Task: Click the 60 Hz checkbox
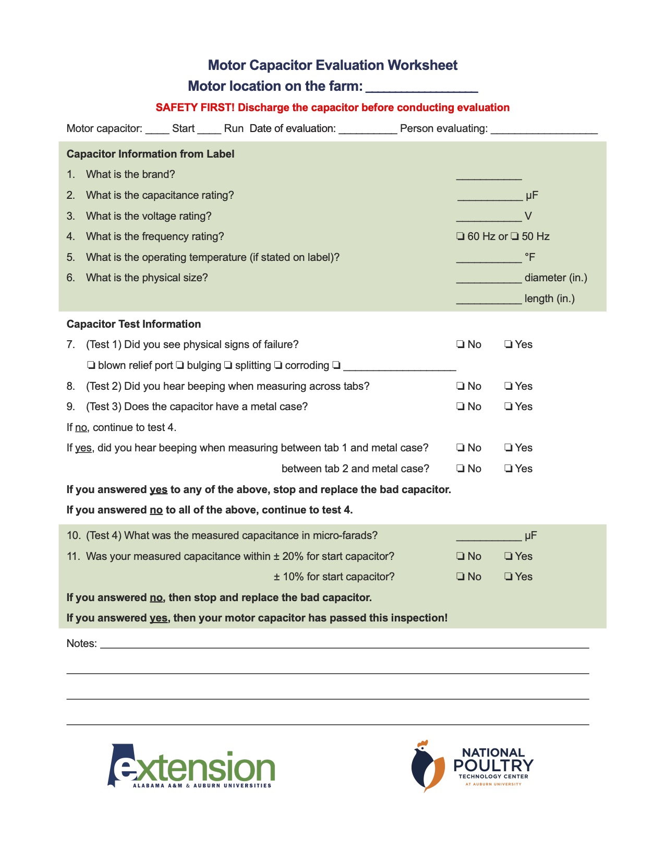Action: (x=461, y=236)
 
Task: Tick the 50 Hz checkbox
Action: (x=515, y=236)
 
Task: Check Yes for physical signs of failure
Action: (x=509, y=344)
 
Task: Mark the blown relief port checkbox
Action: (x=91, y=365)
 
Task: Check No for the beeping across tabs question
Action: (x=461, y=386)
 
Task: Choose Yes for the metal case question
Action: (x=509, y=406)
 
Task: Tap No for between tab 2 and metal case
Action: (x=461, y=469)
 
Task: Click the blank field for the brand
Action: (x=489, y=175)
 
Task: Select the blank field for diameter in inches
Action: (x=489, y=279)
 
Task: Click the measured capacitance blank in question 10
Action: (x=489, y=536)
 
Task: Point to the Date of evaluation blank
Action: (x=368, y=129)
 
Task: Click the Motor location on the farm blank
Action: (x=421, y=87)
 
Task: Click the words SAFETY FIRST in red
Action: (x=195, y=107)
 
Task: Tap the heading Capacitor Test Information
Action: (x=134, y=324)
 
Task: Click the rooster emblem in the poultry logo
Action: (x=428, y=766)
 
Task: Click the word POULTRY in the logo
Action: (x=493, y=766)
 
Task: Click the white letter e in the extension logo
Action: (x=125, y=769)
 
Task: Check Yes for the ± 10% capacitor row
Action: (x=509, y=577)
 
